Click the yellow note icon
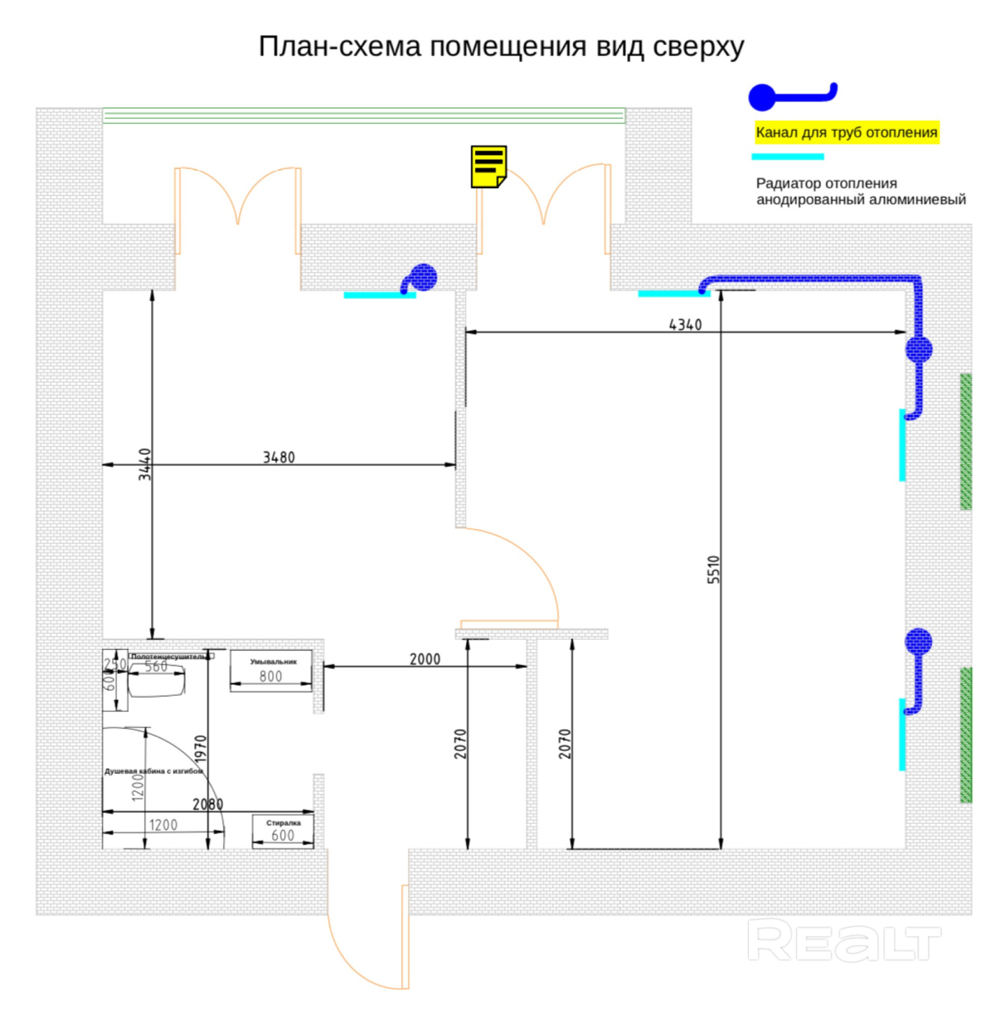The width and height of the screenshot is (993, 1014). (x=488, y=166)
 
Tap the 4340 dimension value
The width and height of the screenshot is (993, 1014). (x=685, y=325)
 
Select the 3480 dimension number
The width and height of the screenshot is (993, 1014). (x=278, y=457)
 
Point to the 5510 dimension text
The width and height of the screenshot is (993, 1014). (x=714, y=570)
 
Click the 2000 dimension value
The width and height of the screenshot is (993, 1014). (x=425, y=659)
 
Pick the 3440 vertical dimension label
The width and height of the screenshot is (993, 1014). (x=145, y=464)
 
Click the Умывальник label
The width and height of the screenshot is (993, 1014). (x=273, y=662)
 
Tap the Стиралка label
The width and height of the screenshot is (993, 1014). (x=283, y=822)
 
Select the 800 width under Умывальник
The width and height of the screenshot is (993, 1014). (x=271, y=676)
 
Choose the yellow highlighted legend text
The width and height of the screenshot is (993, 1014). (x=847, y=132)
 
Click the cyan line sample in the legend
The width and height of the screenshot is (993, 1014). (x=788, y=157)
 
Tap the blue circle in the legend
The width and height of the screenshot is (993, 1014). (x=762, y=97)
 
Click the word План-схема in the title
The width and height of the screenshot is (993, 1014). (x=340, y=47)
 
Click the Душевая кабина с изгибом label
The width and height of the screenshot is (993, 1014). (x=153, y=772)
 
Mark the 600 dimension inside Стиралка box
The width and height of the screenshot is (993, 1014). (x=283, y=835)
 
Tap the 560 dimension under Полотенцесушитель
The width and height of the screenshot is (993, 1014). (x=156, y=667)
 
